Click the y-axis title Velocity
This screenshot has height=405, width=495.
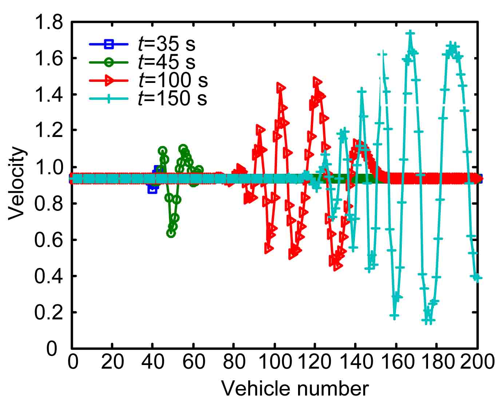[16, 184]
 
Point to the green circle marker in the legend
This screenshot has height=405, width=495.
[109, 62]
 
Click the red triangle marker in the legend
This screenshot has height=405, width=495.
[109, 80]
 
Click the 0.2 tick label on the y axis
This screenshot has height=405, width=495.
[48, 313]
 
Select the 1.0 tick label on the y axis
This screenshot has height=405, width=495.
[48, 167]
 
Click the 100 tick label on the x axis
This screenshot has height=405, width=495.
[275, 362]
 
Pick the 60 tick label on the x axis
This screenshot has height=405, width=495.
[193, 362]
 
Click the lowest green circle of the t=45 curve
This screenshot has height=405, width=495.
[171, 233]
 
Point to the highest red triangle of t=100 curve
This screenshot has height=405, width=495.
[317, 82]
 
